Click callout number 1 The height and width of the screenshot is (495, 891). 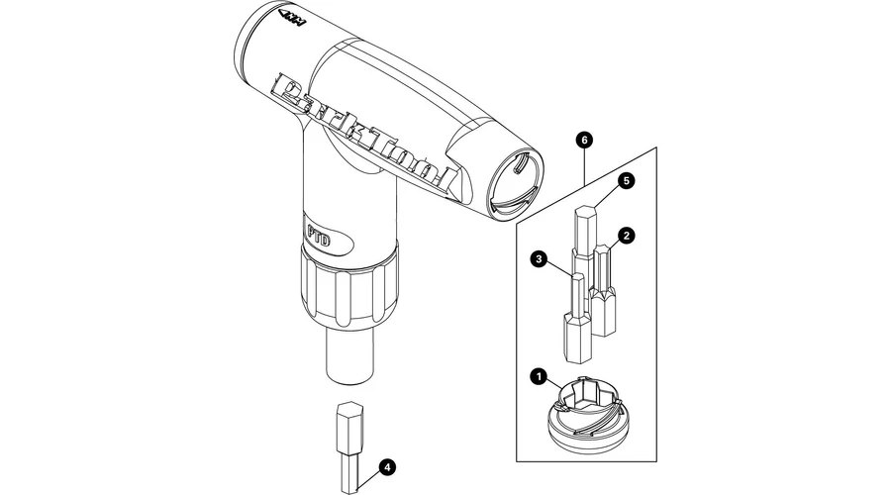coord(538,376)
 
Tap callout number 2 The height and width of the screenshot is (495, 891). coord(626,236)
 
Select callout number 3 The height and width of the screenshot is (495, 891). coord(539,259)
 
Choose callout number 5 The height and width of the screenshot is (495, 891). coord(626,181)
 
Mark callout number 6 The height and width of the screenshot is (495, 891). coord(586,141)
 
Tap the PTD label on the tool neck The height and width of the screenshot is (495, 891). coord(318,239)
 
